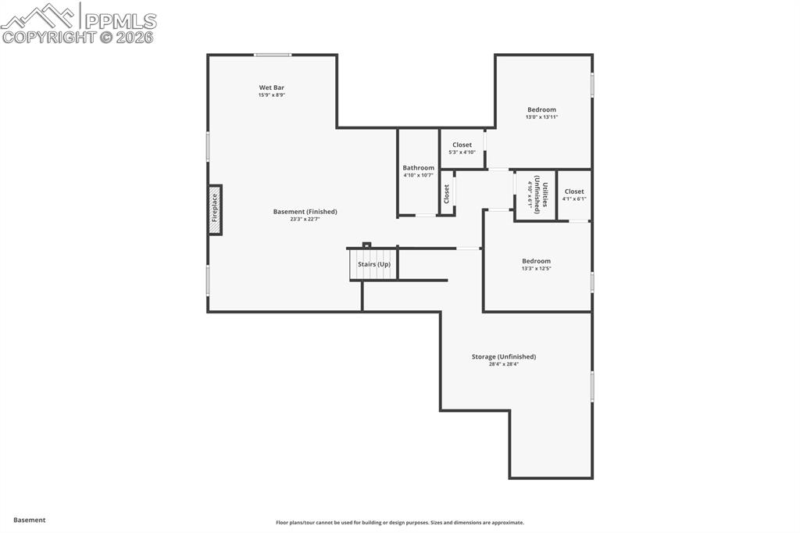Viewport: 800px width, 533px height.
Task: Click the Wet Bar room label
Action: (272, 88)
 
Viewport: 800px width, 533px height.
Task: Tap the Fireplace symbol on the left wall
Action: (215, 209)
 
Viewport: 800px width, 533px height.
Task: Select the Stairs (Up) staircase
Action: (373, 263)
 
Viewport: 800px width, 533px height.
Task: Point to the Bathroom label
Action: (418, 168)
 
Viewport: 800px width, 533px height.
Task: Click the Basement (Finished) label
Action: (305, 212)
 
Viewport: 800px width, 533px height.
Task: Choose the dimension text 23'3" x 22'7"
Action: (305, 220)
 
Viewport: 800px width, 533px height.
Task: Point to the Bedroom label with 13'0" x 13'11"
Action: (541, 110)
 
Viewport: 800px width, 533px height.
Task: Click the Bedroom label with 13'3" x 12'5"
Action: (536, 261)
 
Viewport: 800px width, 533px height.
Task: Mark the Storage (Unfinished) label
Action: (503, 356)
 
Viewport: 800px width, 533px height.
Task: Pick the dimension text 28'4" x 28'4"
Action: (503, 364)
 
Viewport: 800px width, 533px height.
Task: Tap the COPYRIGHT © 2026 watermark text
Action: (78, 37)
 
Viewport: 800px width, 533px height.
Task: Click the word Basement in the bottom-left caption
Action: (30, 520)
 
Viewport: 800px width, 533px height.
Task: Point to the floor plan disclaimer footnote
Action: (399, 523)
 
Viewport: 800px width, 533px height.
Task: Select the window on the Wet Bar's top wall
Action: (273, 55)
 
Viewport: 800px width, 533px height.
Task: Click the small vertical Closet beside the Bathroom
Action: (447, 193)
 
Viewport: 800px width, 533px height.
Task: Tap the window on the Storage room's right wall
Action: (591, 386)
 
